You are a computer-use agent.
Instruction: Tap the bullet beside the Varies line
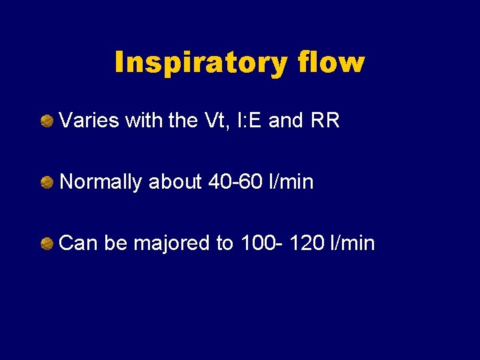click(x=47, y=121)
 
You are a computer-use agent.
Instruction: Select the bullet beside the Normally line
click(x=47, y=182)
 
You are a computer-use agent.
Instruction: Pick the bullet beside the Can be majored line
click(x=47, y=244)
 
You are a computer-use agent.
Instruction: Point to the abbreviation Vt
click(x=217, y=121)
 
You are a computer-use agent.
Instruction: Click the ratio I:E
click(x=251, y=121)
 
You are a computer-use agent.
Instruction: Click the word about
click(x=175, y=182)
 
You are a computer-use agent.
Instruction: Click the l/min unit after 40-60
click(x=289, y=182)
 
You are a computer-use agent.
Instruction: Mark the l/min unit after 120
click(x=352, y=243)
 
